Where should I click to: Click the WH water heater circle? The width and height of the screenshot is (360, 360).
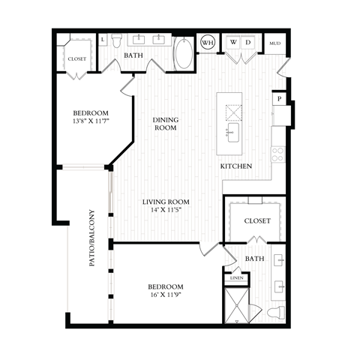(x=208, y=43)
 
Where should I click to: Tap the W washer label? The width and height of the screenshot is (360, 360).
(x=234, y=43)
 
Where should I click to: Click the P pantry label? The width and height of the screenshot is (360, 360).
(x=279, y=98)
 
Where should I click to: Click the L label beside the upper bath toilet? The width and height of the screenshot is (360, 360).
(x=103, y=38)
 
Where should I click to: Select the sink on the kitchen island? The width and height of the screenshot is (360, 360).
(x=231, y=135)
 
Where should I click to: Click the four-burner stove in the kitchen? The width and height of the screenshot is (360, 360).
(x=277, y=155)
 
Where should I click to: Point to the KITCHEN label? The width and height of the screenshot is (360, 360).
(x=235, y=166)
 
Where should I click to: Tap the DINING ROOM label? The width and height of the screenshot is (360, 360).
(x=165, y=124)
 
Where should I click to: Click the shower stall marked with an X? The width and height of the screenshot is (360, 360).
(x=236, y=305)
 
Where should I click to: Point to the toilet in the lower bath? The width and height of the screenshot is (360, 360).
(x=274, y=312)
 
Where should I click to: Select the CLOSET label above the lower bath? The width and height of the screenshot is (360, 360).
(x=256, y=221)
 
